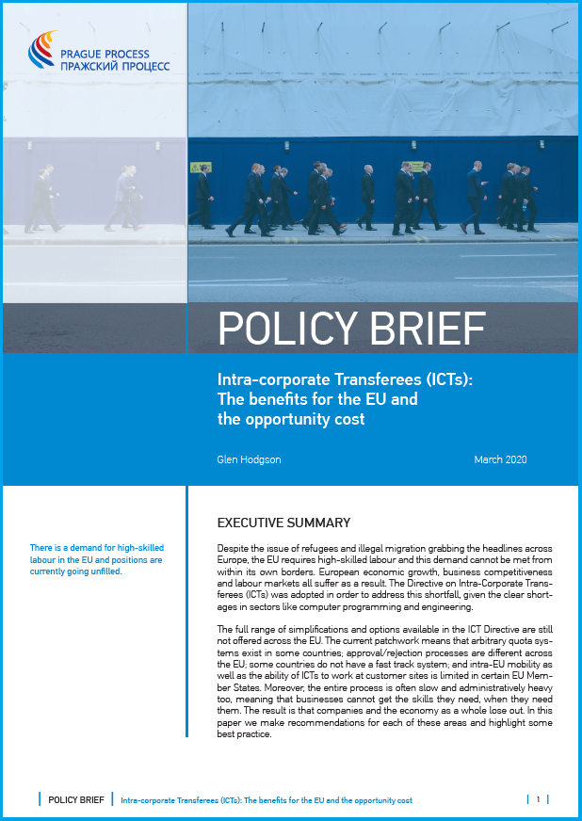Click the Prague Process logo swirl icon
coord(42,52)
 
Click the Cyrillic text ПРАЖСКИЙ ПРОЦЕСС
coord(115,66)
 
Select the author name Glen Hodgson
coord(250,460)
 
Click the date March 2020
coord(500,460)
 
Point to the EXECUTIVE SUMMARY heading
coord(283,523)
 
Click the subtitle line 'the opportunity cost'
coord(290,419)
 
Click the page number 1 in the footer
coord(538,799)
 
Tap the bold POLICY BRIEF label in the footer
coord(76,799)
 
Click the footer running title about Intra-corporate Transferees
coord(267,800)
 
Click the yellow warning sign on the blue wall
coord(199,168)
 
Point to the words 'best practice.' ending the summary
coord(244,734)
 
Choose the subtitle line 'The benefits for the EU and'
coord(317,399)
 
